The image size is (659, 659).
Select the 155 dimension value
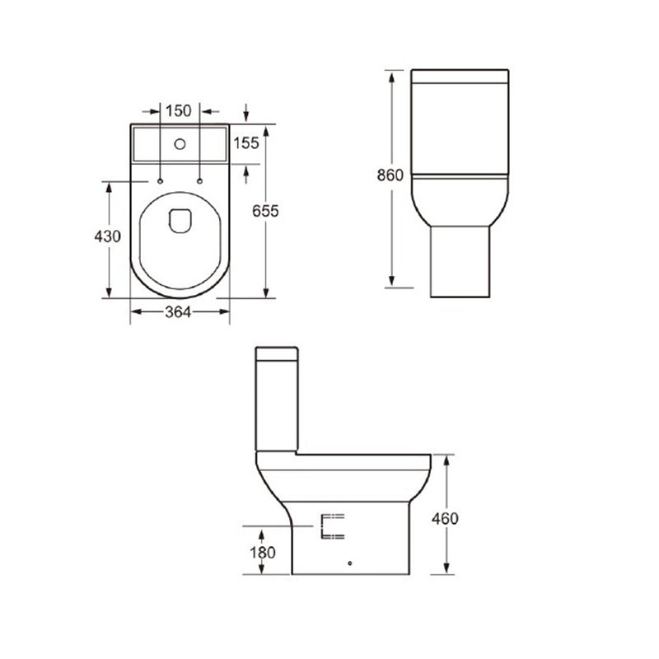[245, 143]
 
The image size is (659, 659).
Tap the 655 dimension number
[265, 211]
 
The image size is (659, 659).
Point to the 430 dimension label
[108, 236]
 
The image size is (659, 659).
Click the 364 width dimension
[179, 311]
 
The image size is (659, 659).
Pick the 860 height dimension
[390, 175]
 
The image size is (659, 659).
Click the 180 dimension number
[262, 553]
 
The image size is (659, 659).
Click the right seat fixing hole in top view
[200, 179]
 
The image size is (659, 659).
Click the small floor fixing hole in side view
[351, 564]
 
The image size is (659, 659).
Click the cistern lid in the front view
[460, 79]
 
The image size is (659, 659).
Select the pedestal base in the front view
[460, 262]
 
